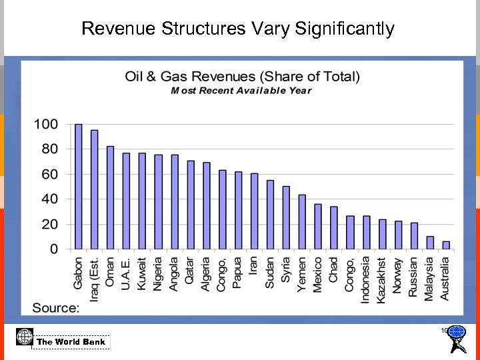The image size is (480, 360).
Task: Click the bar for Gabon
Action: [78, 187]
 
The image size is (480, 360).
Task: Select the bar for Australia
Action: [446, 245]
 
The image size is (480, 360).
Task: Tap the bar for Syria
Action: [286, 218]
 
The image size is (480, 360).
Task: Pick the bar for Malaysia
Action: [430, 243]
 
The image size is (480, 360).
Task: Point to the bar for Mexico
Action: [318, 227]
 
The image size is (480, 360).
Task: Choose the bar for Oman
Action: [110, 198]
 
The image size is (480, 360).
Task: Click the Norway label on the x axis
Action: [398, 274]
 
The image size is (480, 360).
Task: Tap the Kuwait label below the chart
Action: [142, 273]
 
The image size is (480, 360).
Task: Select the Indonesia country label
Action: [366, 280]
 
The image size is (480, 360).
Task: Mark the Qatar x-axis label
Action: [190, 271]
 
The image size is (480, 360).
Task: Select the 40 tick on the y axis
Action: [49, 199]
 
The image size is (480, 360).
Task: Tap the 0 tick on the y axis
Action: [53, 249]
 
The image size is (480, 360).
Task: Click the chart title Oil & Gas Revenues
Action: [242, 76]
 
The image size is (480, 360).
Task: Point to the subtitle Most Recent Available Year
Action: [241, 91]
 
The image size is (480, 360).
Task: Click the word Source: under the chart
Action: [56, 307]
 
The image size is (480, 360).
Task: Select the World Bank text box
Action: [71, 342]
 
